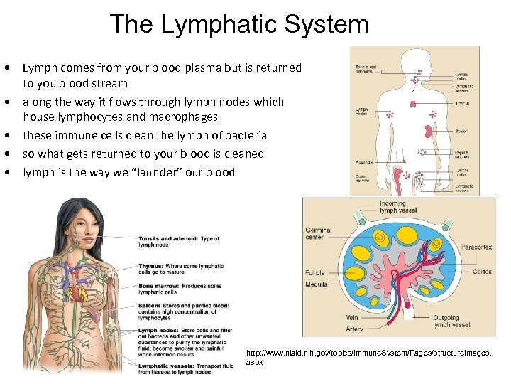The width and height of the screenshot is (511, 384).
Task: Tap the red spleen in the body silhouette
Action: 428,130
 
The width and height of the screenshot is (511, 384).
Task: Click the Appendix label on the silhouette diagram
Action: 363,162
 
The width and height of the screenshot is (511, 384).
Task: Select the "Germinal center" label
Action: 319,234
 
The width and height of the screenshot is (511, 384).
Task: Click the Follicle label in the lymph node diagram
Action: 315,272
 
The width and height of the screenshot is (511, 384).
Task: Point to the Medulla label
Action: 317,284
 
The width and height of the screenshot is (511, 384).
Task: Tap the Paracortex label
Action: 476,247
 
